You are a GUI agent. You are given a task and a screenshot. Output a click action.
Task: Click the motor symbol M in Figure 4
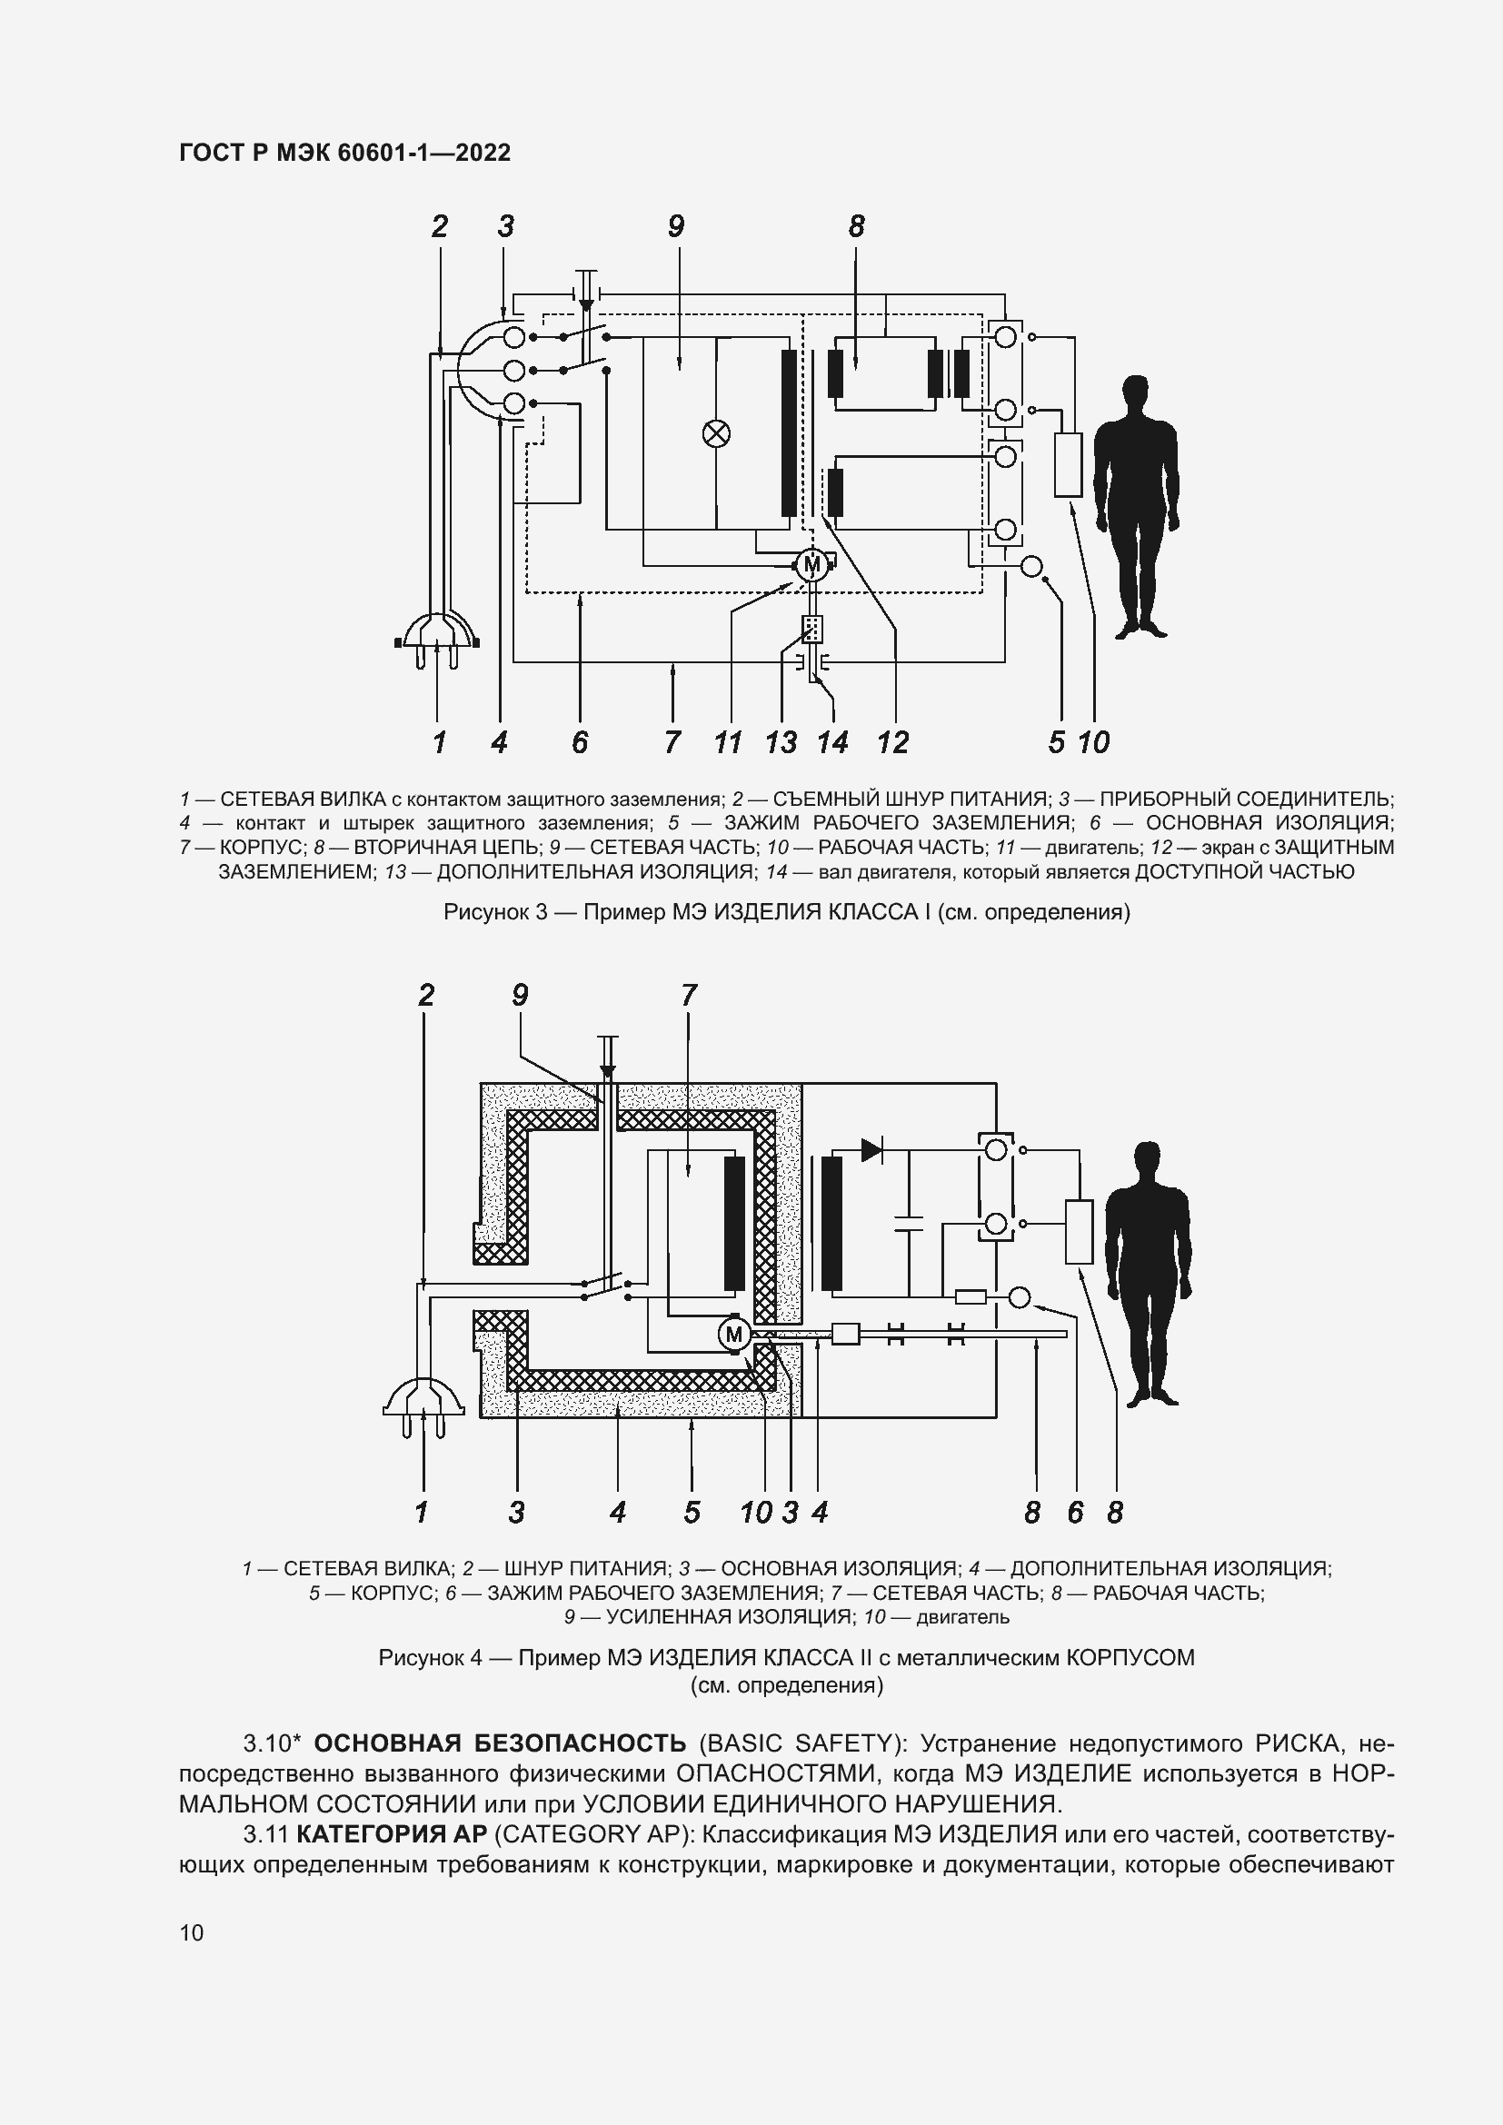[735, 1334]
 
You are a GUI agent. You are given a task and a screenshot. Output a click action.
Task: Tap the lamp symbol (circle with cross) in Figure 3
[716, 433]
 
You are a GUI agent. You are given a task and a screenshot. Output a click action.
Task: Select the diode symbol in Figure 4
[871, 1150]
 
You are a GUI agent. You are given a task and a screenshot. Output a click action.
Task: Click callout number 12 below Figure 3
[893, 742]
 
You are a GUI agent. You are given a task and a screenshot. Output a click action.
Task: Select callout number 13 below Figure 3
[781, 742]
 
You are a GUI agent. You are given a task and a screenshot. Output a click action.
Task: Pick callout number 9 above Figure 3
[675, 226]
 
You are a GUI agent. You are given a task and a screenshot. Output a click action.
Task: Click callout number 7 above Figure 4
[689, 995]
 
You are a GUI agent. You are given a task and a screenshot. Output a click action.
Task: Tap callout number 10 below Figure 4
[755, 1513]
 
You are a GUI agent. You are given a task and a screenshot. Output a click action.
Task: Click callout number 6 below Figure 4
[1074, 1513]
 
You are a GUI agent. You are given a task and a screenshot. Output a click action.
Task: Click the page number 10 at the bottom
[192, 1932]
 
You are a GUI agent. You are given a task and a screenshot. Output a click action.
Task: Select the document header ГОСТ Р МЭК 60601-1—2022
[344, 153]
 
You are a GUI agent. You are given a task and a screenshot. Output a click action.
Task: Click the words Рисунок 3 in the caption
[496, 912]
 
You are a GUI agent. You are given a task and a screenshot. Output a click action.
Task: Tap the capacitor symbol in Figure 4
[909, 1222]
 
